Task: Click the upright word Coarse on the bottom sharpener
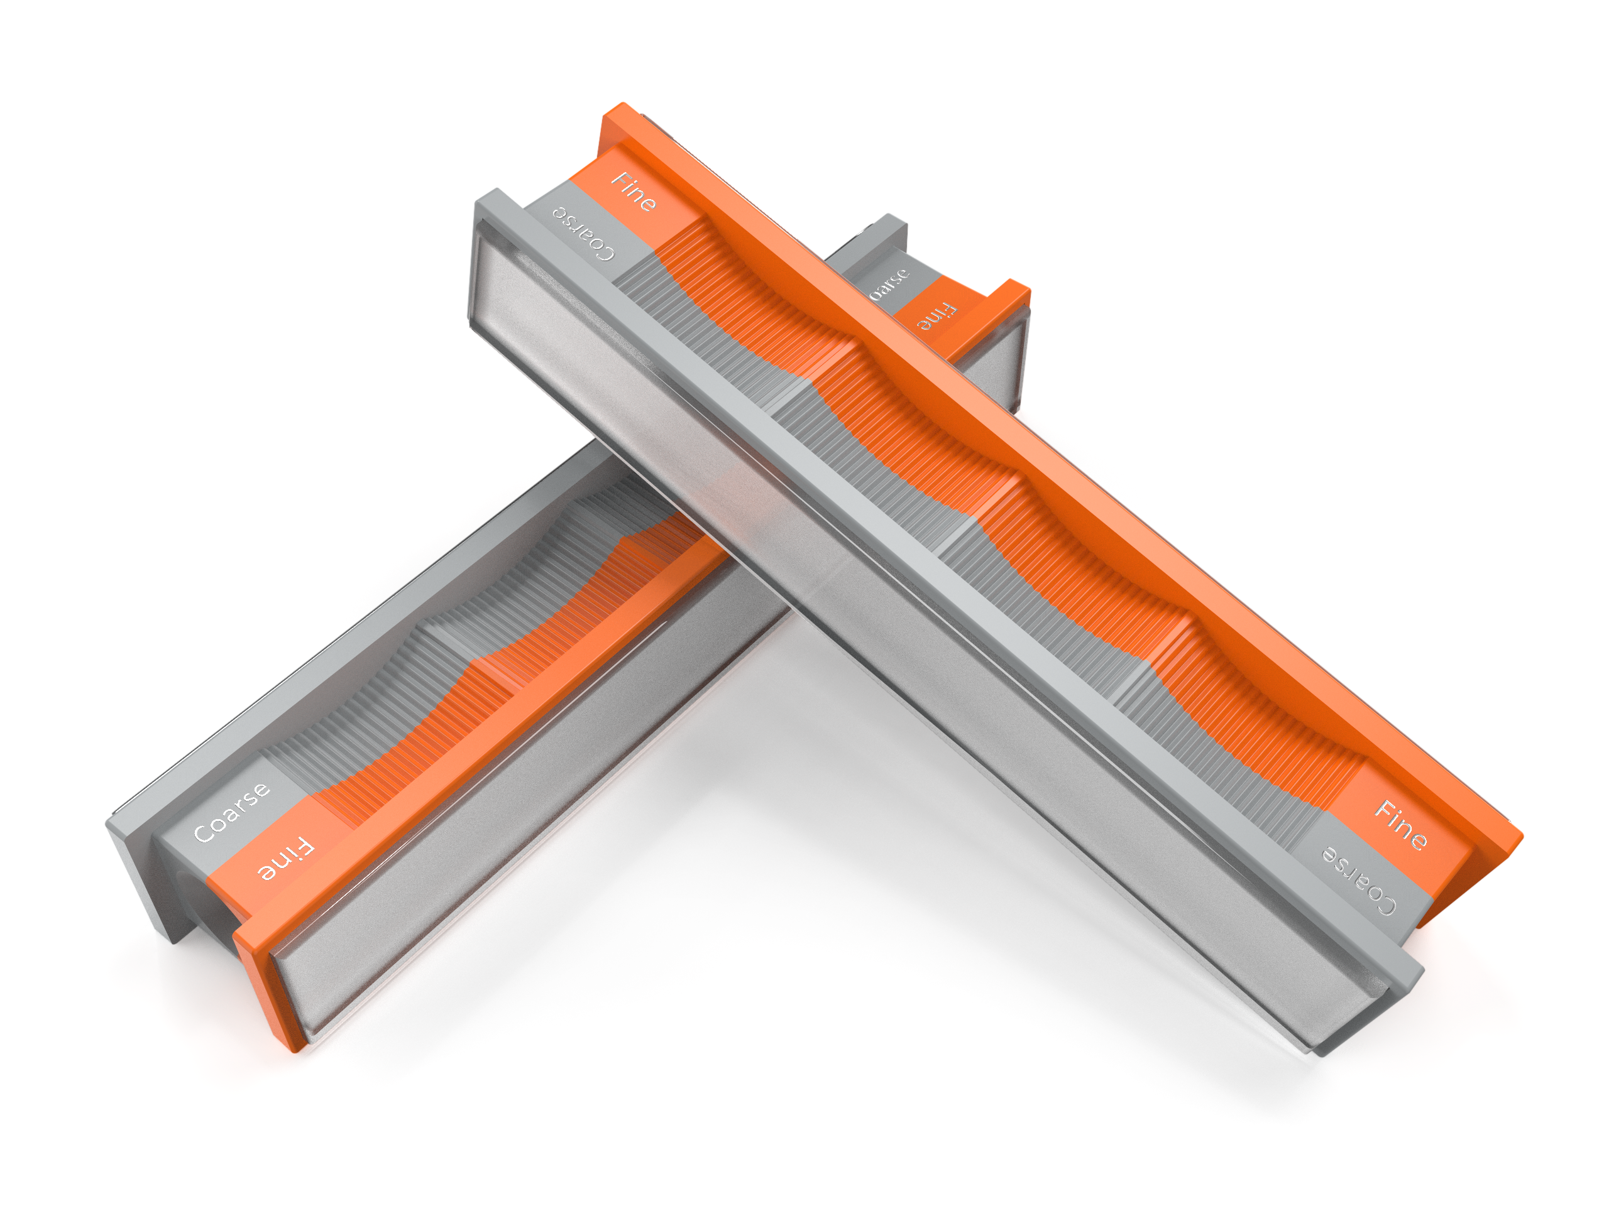pos(231,812)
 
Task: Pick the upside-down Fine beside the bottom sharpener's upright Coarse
pos(286,860)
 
